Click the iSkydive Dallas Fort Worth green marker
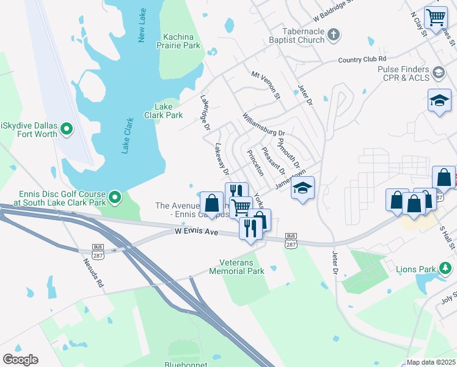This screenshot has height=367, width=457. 67,129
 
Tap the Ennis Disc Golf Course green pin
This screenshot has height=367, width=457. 115,198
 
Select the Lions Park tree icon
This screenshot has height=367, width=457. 446,268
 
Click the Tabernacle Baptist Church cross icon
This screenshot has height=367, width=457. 333,35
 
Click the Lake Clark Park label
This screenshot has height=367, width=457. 163,111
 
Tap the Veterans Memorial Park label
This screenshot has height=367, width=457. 237,267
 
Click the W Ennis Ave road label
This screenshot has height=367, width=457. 196,231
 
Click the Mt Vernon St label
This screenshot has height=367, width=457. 265,84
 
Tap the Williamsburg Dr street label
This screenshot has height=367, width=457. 263,125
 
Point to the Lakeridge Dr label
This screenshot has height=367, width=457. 205,111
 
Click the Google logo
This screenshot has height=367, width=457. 20,360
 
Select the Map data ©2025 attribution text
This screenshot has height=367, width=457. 431,362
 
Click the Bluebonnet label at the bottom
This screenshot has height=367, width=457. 184,364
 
